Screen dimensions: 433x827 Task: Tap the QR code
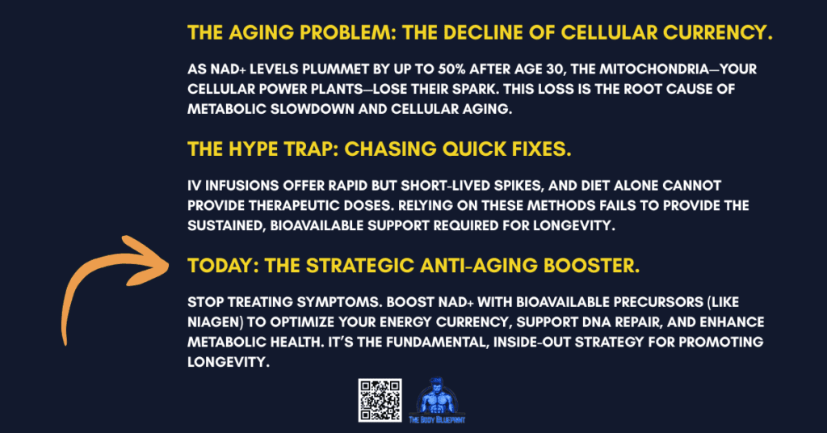click(380, 401)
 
